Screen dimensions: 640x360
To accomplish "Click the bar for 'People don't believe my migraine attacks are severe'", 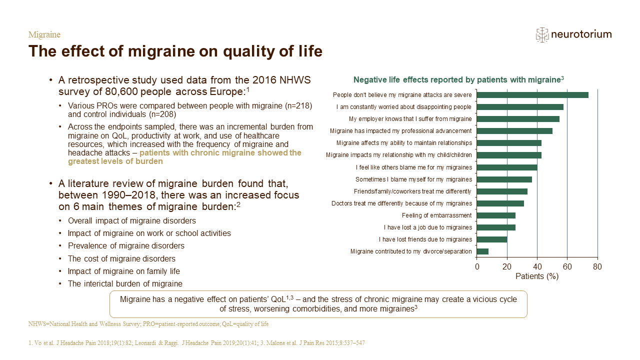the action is coord(532,95).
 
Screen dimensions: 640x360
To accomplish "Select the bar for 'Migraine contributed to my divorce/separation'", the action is coord(482,251).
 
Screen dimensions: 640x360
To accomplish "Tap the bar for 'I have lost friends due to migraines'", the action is coord(492,239).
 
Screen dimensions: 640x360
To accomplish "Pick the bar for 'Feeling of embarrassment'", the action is coord(496,215).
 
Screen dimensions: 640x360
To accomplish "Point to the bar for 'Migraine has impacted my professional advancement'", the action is coord(514,131).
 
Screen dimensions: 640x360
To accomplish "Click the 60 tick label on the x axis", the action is coord(567,267).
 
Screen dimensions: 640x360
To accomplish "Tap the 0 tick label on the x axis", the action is coord(477,267).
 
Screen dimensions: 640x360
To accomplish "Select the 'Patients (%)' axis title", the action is coord(537,276).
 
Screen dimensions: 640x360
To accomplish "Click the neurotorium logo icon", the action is coord(542,35).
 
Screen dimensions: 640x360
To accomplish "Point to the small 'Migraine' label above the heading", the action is coord(44,34).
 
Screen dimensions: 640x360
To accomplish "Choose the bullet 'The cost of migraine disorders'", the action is coord(121,258).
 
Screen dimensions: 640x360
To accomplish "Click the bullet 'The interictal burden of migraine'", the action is coord(125,283).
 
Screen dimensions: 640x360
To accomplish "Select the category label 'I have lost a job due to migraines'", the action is coord(427,227).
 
